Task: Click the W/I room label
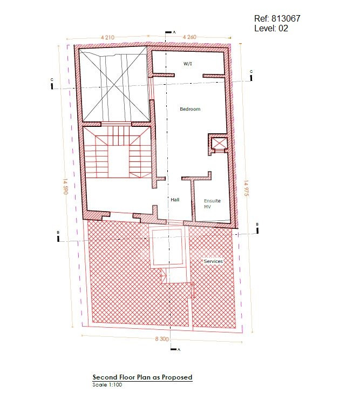point(188,64)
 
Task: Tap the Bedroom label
point(190,109)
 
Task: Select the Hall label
point(175,200)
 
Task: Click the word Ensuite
point(212,201)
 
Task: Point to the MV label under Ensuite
point(207,207)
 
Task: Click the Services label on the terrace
point(213,261)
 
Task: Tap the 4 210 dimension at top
point(107,37)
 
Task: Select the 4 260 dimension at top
point(189,37)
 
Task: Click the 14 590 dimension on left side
point(65,186)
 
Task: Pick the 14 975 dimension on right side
point(246,188)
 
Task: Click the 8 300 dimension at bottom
point(162,339)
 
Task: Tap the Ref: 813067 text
point(277,18)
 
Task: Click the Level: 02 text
point(271,28)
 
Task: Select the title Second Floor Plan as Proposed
point(142,377)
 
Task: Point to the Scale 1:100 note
point(107,385)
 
